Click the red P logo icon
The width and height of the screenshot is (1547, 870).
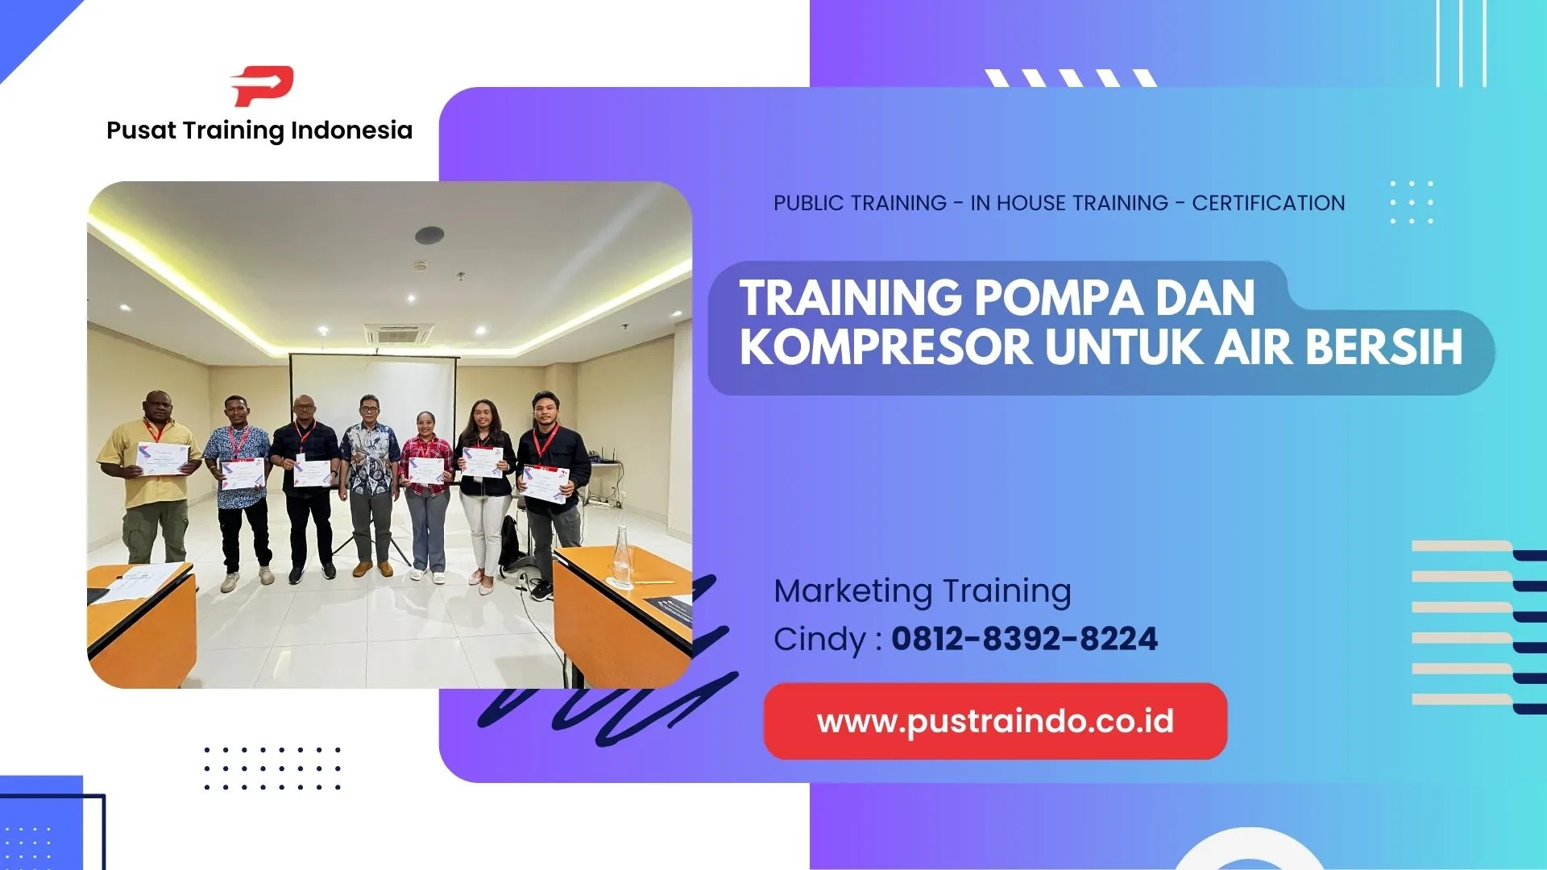point(263,85)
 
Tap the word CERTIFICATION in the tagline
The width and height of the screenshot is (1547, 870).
point(1268,203)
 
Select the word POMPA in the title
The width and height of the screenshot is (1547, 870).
point(1059,298)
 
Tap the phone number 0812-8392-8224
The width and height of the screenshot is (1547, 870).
point(1024,640)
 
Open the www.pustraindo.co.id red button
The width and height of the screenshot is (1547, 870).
point(995,722)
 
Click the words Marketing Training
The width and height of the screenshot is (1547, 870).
point(923,591)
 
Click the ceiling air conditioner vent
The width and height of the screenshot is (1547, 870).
point(398,333)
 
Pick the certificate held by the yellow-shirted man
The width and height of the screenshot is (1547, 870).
point(163,458)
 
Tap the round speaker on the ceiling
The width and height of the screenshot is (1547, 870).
point(429,235)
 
